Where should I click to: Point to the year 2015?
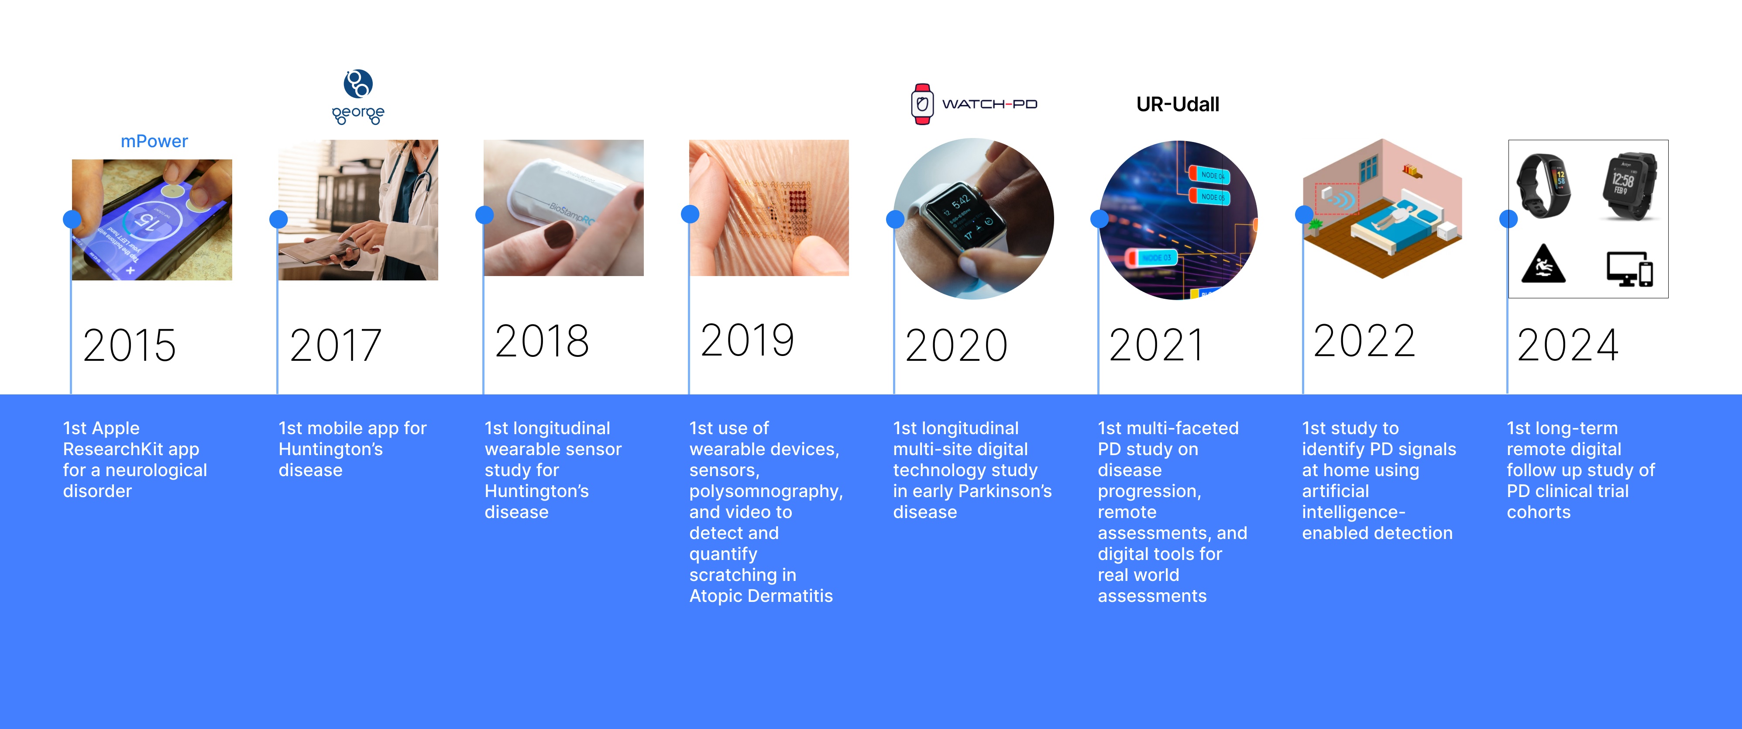click(129, 345)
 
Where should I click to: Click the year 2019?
click(747, 340)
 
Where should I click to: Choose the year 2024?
click(1567, 345)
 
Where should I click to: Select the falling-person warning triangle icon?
click(1543, 263)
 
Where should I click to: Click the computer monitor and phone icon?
click(1630, 269)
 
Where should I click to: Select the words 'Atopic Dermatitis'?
click(761, 596)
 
